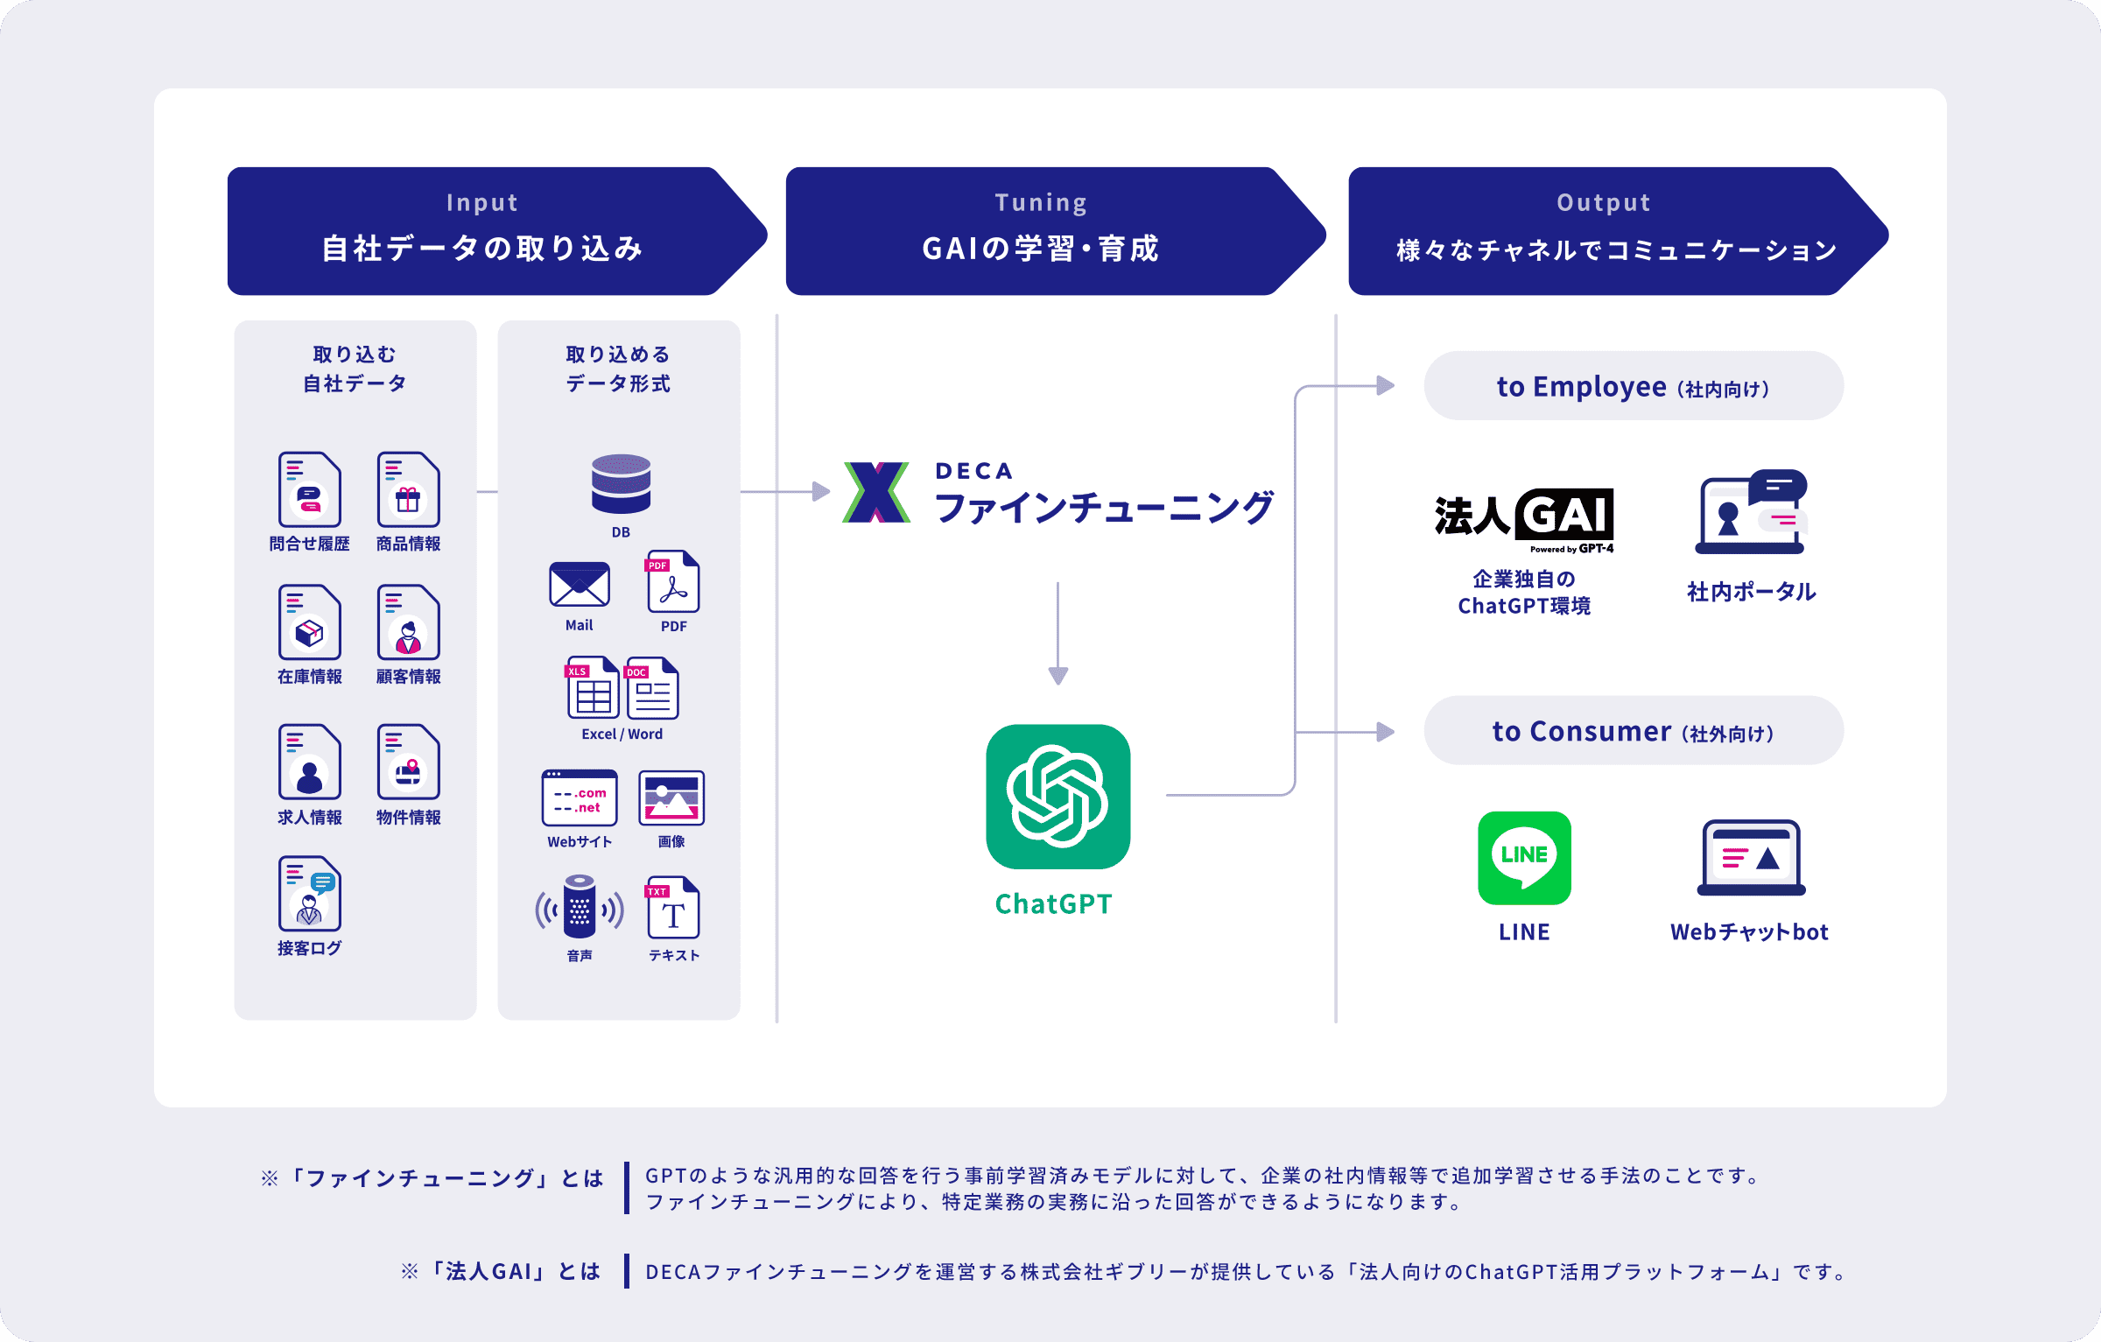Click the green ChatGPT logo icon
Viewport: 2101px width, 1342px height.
coord(1058,796)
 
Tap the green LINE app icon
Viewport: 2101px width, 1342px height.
coord(1524,857)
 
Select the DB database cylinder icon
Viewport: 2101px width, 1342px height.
coord(621,483)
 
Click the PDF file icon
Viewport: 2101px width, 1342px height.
coord(673,581)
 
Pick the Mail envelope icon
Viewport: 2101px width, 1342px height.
coord(579,584)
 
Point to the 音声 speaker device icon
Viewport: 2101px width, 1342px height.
coord(580,907)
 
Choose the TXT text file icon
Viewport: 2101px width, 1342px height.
coord(672,908)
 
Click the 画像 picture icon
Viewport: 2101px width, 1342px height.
coord(671,797)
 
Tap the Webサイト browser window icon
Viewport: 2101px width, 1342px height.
coord(580,797)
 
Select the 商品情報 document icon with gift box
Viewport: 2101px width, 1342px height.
coord(408,489)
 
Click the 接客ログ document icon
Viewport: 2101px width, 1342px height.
coord(309,893)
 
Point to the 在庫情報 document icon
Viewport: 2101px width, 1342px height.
coord(309,622)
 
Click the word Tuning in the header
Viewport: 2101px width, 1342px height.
coord(1041,203)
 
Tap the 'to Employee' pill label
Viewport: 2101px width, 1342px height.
coord(1634,386)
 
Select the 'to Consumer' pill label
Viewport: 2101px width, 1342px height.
coord(1634,731)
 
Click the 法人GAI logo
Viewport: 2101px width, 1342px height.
coord(1524,520)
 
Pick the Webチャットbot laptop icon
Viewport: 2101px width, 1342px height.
coord(1751,858)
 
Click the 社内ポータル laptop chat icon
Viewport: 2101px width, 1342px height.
coord(1751,512)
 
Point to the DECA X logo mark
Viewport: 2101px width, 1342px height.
coord(876,492)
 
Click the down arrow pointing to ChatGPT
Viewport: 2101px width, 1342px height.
coord(1058,633)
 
